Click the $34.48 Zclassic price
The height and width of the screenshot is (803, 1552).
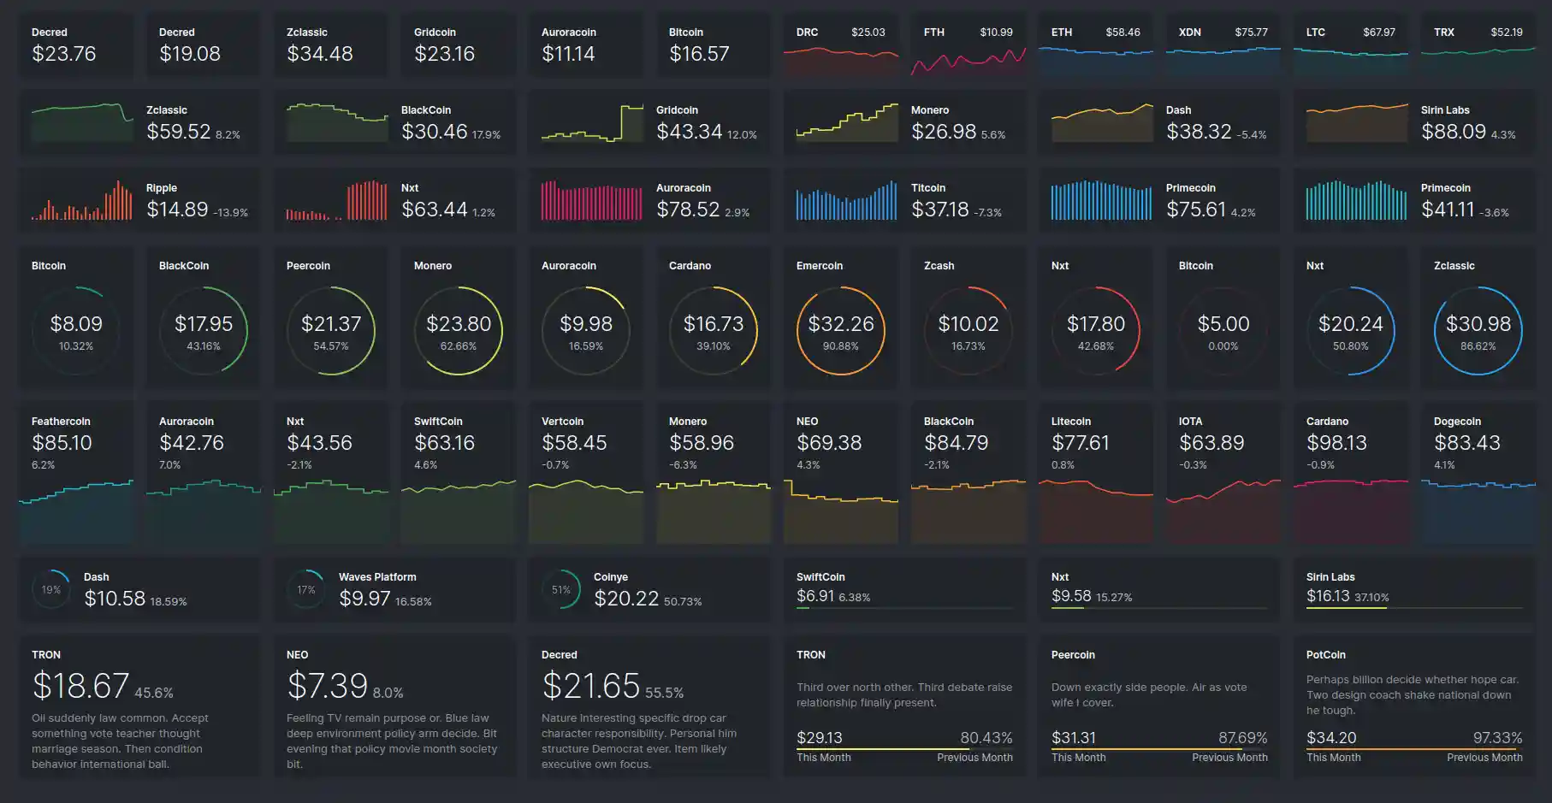coord(319,54)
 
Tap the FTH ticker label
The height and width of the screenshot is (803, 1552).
coord(933,32)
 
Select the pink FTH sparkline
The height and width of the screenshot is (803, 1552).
coord(968,61)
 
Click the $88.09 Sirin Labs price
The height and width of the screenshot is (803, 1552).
coord(1453,132)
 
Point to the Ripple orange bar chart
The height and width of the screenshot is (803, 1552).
coord(82,202)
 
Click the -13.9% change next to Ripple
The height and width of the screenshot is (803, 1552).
coord(230,212)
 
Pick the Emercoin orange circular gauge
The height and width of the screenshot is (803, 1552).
coord(840,331)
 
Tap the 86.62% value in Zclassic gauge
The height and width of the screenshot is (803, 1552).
coord(1478,346)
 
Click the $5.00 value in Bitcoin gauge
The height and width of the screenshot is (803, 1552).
coord(1223,324)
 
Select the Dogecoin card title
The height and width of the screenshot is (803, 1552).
coord(1456,422)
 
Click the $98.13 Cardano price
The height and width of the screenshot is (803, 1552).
coord(1336,443)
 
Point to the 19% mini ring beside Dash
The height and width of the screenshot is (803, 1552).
coord(51,589)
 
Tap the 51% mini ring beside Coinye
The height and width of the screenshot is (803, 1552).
coord(561,589)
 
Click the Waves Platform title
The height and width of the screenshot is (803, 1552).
coord(377,577)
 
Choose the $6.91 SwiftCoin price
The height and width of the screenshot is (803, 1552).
coord(815,596)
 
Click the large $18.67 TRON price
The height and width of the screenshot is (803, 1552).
coord(80,686)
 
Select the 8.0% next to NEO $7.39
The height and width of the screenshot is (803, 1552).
coord(388,693)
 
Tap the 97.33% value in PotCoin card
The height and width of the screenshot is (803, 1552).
coord(1497,738)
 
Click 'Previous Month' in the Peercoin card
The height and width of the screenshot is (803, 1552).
coord(1229,758)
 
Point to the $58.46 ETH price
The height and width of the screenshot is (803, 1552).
coord(1123,32)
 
